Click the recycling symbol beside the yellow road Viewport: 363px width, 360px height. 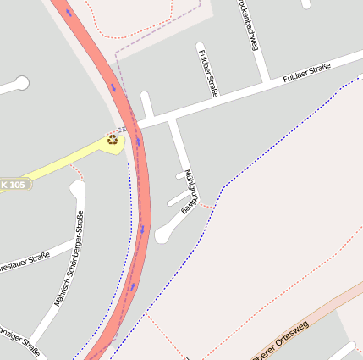113,139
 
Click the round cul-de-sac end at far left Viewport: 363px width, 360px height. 22,83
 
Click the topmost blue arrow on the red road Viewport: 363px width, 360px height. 69,13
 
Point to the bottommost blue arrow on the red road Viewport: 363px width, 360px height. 132,286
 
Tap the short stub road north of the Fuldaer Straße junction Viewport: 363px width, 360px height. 146,104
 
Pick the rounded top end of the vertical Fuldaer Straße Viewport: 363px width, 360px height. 201,47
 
